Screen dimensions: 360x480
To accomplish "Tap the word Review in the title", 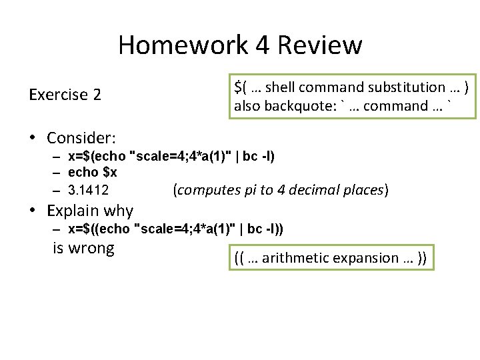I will [x=319, y=45].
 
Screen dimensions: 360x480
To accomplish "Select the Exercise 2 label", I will [x=65, y=95].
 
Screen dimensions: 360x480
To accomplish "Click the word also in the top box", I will [x=247, y=105].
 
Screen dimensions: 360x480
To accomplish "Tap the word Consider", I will [x=81, y=138].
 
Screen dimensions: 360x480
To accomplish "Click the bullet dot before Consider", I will [x=32, y=138].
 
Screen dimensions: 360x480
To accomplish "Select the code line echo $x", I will [x=93, y=172].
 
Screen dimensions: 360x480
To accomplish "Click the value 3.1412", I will [x=89, y=190].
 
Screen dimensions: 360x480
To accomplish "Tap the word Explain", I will [x=72, y=211].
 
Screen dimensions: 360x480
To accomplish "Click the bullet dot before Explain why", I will [x=32, y=211].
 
